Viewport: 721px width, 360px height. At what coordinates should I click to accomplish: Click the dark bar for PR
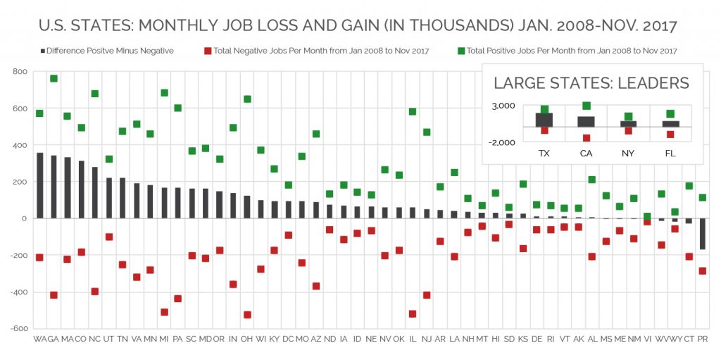click(702, 234)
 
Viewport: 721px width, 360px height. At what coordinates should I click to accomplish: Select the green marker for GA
click(54, 78)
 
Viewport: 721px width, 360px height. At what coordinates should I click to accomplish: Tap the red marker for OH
click(247, 315)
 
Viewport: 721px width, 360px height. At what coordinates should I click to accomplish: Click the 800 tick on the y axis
click(19, 72)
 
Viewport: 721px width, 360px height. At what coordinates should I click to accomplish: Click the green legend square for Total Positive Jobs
click(460, 51)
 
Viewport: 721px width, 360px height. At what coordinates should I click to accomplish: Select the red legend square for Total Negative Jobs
click(208, 51)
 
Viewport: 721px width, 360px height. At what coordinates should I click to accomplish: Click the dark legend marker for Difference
click(44, 51)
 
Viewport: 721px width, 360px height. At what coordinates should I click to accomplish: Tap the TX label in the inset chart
click(544, 153)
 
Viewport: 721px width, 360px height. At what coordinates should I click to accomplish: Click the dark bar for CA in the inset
click(586, 122)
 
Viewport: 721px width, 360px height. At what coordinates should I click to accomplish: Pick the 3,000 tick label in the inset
click(503, 106)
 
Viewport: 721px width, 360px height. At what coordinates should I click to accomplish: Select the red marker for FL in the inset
click(670, 135)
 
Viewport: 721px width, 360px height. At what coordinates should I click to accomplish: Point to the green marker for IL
click(413, 111)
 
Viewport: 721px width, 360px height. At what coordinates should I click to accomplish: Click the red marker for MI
click(164, 312)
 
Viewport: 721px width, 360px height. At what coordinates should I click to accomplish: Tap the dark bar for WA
click(39, 185)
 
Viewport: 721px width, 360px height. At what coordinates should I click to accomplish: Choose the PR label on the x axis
click(702, 340)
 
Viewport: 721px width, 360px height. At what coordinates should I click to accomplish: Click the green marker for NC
click(95, 94)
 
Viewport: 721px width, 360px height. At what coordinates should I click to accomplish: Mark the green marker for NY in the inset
click(628, 117)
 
